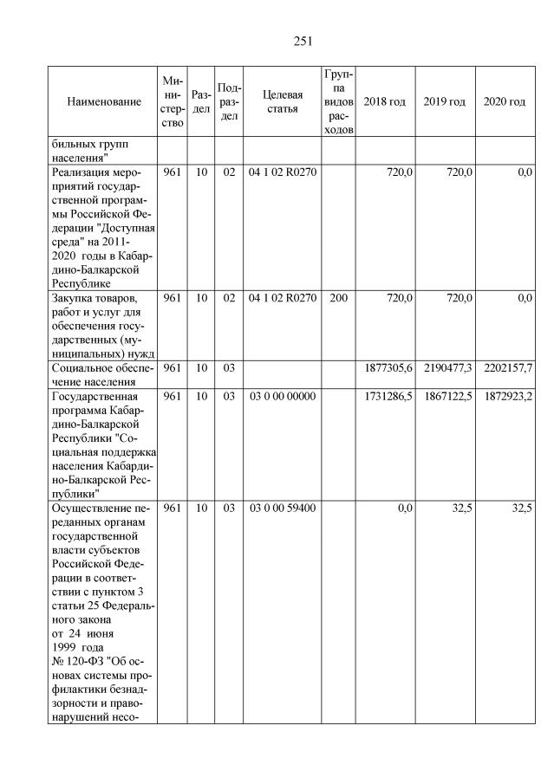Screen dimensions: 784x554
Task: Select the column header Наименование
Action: tap(103, 102)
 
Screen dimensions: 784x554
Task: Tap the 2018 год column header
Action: tap(384, 102)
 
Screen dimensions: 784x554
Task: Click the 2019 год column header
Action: tap(445, 102)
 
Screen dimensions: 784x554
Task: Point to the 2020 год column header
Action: tap(505, 102)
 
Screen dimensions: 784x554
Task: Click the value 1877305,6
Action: tap(386, 370)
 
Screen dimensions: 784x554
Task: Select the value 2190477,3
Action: tap(446, 370)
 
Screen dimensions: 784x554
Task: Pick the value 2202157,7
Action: tap(506, 370)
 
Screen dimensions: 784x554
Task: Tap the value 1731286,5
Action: tap(386, 397)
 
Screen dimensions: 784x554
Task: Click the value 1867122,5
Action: tap(446, 397)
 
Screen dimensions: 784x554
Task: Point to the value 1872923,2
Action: tap(506, 397)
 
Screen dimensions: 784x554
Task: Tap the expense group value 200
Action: tap(338, 298)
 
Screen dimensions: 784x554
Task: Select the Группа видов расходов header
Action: tap(338, 102)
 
